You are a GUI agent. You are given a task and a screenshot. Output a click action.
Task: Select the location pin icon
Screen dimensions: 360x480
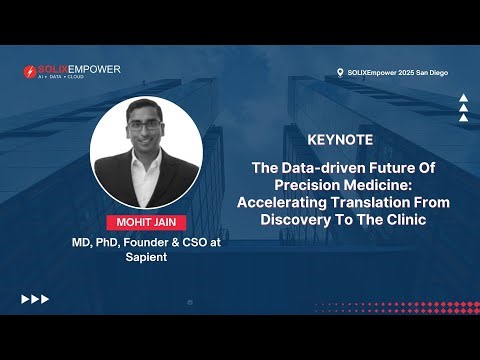[x=340, y=72]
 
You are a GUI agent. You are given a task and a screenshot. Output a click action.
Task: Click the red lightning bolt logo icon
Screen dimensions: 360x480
[x=31, y=72]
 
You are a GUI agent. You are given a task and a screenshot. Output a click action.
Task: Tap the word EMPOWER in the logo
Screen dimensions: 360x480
[x=96, y=69]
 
